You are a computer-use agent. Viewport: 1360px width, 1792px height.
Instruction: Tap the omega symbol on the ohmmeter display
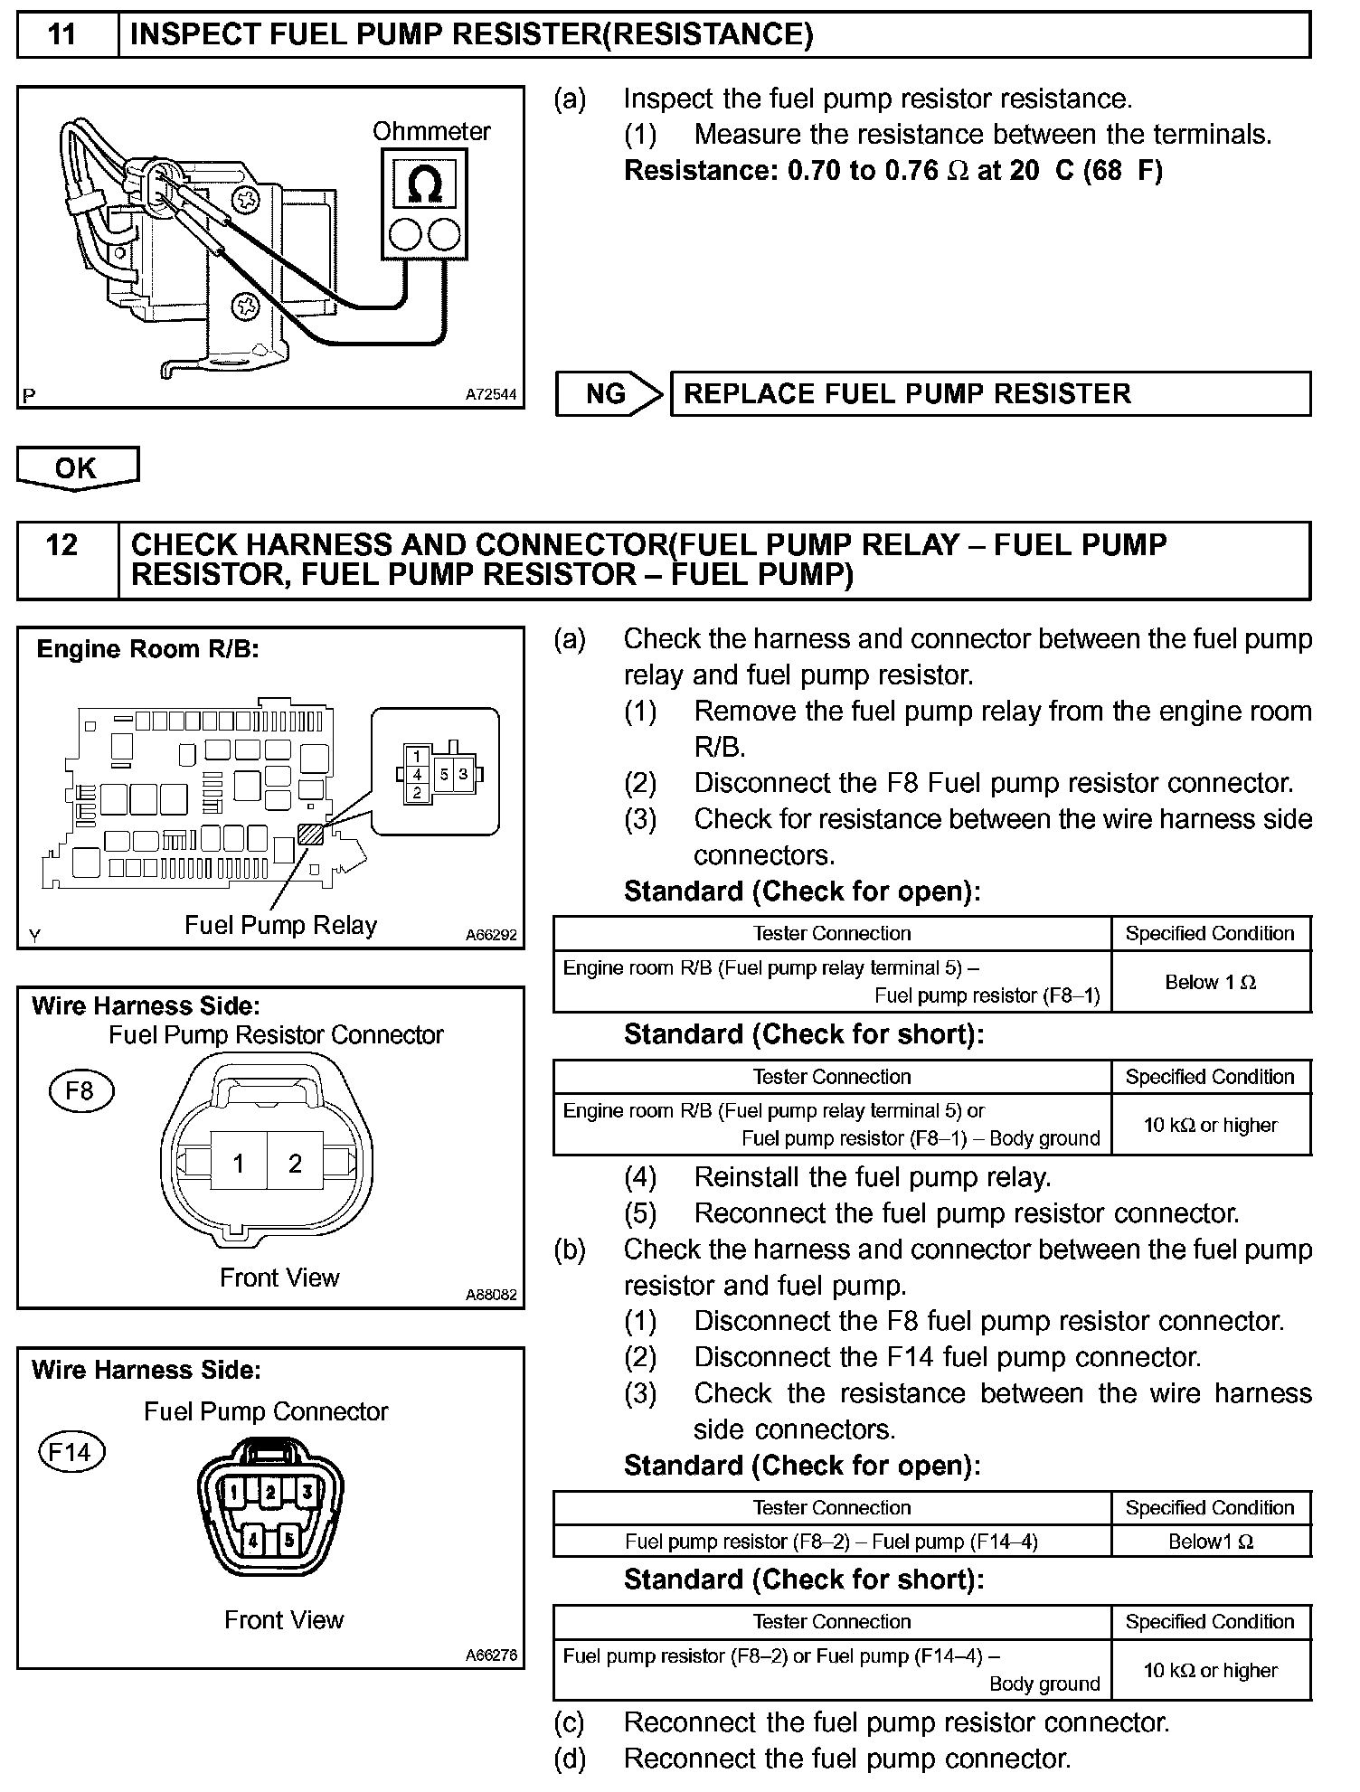pos(424,185)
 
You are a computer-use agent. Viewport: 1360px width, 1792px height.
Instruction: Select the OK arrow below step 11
pos(76,467)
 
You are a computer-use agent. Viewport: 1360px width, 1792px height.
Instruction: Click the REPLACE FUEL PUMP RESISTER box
pos(989,393)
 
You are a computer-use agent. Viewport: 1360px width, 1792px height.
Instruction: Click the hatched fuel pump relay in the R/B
pos(311,833)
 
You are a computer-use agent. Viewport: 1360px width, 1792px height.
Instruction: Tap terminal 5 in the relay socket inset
pos(444,774)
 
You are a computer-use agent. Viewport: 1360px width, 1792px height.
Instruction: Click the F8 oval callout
pos(80,1090)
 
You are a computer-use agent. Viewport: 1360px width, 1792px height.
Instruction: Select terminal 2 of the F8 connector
pos(295,1163)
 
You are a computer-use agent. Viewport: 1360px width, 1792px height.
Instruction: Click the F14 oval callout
pos(71,1452)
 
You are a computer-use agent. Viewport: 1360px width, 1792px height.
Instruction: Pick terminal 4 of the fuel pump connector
pos(254,1540)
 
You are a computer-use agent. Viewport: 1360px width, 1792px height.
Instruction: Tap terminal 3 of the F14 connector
pos(307,1492)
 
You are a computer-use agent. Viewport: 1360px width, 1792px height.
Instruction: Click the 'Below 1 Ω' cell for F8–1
pos(1210,982)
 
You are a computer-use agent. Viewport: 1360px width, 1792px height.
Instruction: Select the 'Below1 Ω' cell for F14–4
pos(1210,1542)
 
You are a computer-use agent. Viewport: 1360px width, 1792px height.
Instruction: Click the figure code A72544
pos(491,394)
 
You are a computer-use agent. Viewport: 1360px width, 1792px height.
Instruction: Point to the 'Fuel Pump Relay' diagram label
pos(280,925)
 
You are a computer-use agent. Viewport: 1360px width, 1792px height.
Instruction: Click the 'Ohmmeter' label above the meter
pos(431,131)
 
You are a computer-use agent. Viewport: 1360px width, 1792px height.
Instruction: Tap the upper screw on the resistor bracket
pos(247,198)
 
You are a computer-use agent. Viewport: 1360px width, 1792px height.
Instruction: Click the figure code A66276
pos(491,1655)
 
